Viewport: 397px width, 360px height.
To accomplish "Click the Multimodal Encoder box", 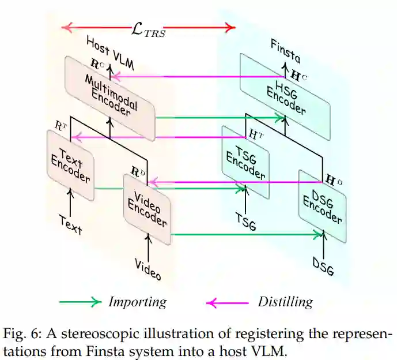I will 109,99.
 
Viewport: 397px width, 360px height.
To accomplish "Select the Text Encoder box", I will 70,165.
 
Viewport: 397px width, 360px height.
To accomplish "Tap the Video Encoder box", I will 147,208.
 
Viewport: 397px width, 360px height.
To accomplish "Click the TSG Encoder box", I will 245,162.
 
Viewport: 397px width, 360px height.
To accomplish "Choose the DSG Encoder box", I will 322,205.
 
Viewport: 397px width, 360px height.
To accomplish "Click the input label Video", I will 148,268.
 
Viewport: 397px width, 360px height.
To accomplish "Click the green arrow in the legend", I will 80,302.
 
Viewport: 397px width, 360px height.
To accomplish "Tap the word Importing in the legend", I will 137,302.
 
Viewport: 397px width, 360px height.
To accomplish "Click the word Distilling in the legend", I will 285,302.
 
